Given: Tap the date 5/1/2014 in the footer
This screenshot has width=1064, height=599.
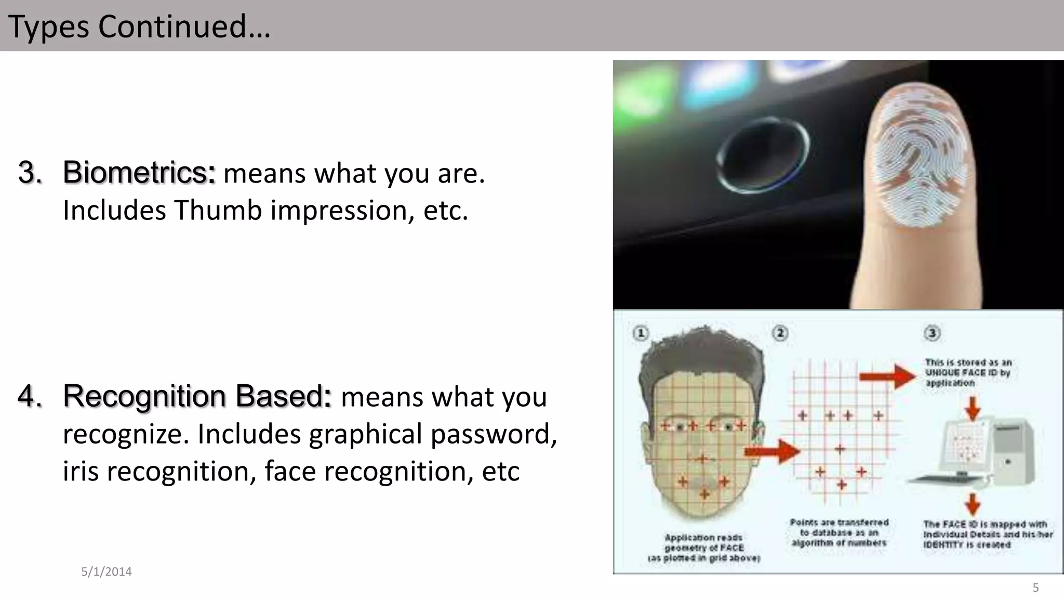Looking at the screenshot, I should (107, 571).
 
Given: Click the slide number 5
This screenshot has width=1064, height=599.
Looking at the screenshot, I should (1035, 588).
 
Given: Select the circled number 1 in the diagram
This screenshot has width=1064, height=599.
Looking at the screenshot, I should (641, 333).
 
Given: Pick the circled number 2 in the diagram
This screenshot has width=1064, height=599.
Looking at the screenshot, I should (780, 333).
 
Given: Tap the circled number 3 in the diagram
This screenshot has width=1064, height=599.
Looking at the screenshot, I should (932, 333).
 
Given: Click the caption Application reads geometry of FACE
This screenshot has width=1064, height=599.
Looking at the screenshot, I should (704, 548).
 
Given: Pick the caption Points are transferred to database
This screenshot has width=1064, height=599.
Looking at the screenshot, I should (839, 532).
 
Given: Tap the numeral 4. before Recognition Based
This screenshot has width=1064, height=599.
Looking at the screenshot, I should (30, 396).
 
